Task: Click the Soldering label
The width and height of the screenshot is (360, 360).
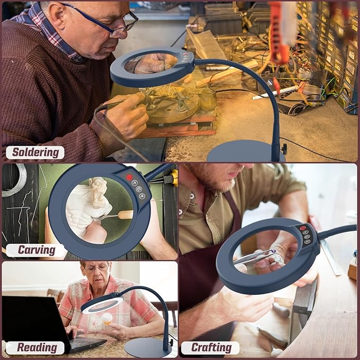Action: click(x=36, y=153)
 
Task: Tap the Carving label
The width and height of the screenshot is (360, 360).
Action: click(x=37, y=250)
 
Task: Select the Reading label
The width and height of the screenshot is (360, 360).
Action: click(x=37, y=348)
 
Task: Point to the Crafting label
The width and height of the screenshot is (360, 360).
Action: click(x=211, y=348)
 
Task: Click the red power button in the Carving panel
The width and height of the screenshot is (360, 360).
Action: click(x=129, y=177)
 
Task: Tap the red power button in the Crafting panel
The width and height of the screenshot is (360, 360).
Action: click(x=302, y=228)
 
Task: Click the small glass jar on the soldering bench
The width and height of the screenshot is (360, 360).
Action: click(x=208, y=100)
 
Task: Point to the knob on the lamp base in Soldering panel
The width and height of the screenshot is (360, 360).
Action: click(x=285, y=149)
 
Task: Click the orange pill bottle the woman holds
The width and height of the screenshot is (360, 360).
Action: click(x=107, y=319)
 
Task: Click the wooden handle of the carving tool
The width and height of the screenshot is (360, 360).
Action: click(x=125, y=215)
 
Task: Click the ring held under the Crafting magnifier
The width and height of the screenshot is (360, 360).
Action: click(x=277, y=258)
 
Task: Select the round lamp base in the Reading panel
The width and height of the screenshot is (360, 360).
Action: click(x=148, y=347)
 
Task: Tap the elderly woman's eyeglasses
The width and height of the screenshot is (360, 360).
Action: click(x=96, y=268)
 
